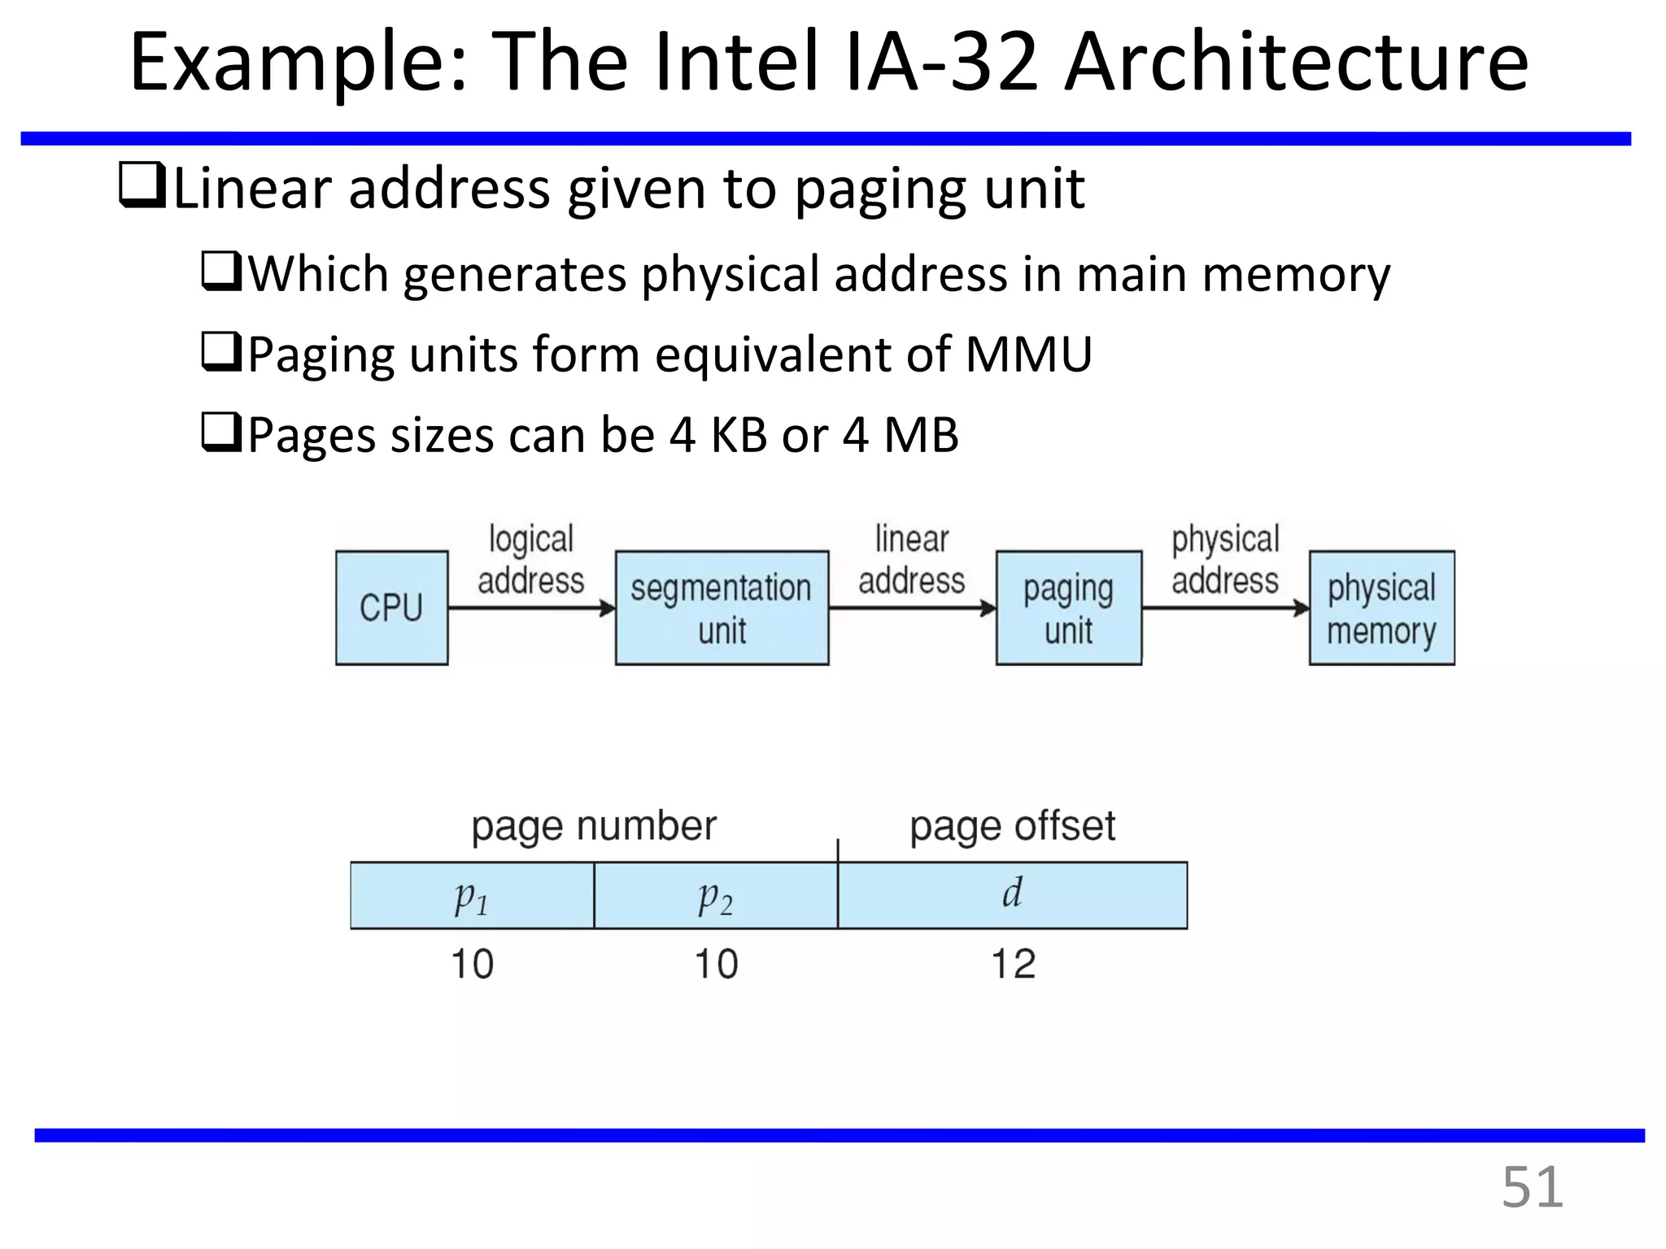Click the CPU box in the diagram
click(391, 607)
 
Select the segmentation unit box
click(722, 607)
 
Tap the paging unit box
click(1068, 607)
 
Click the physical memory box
click(1381, 607)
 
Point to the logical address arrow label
click(530, 559)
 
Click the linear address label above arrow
click(911, 559)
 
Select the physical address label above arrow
click(1225, 559)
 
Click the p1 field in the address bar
click(472, 896)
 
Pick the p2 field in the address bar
click(716, 896)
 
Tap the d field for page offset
click(1012, 894)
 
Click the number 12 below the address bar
click(1013, 964)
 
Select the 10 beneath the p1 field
click(472, 964)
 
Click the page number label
click(594, 826)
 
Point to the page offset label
click(1012, 826)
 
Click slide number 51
click(1532, 1187)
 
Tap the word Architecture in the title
click(1297, 63)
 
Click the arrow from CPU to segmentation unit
click(530, 607)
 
